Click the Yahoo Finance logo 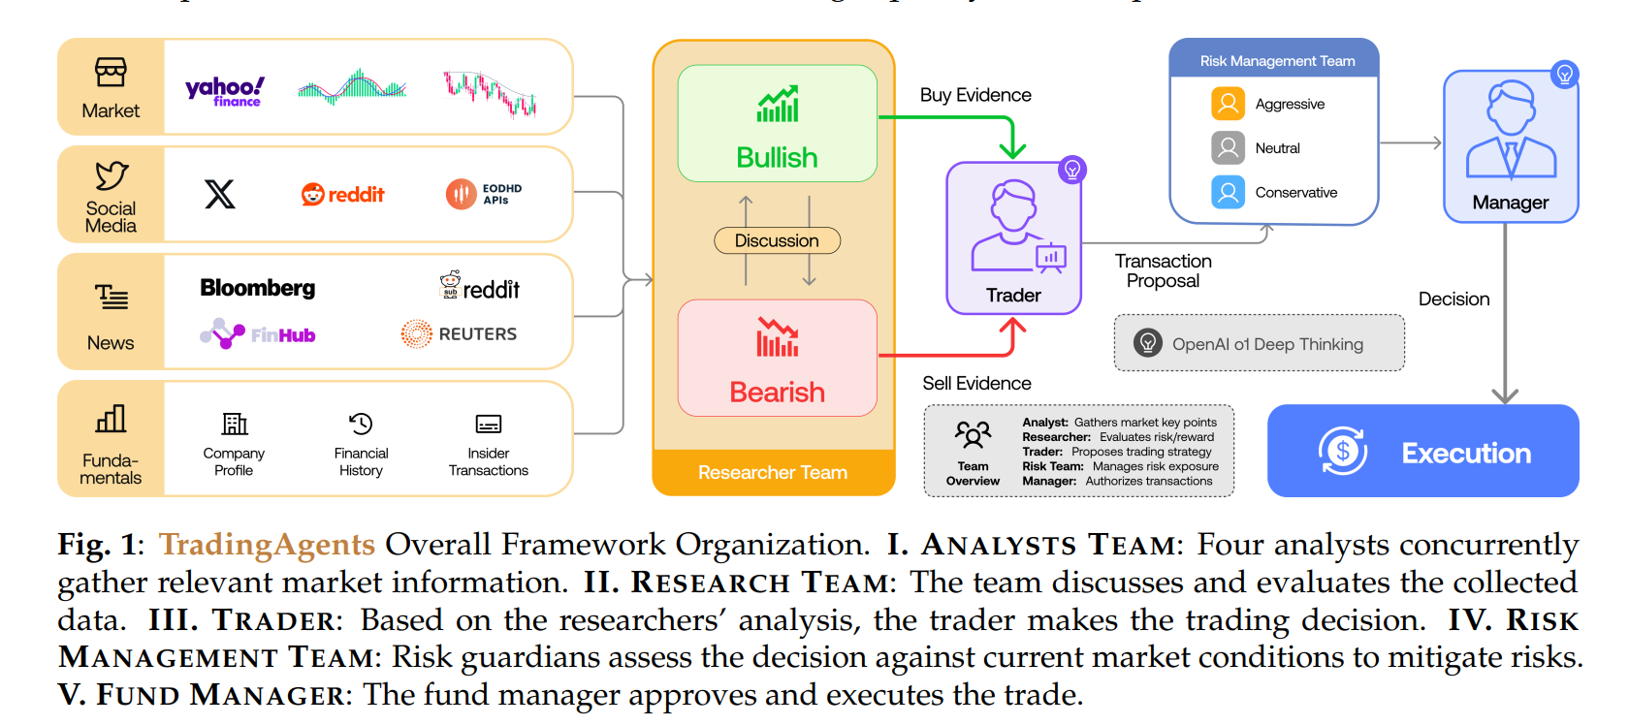click(x=225, y=91)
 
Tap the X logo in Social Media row click(x=220, y=194)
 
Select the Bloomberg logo click(x=258, y=288)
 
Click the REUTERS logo click(x=459, y=334)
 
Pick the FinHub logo click(x=258, y=334)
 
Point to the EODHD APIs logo click(x=484, y=194)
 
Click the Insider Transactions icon click(x=489, y=425)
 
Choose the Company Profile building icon click(x=235, y=424)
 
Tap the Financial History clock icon click(x=361, y=424)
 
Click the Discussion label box click(x=777, y=240)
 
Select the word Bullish click(x=777, y=157)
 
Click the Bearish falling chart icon click(x=778, y=337)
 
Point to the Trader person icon click(x=1014, y=225)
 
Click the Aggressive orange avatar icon click(x=1228, y=104)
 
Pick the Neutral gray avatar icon click(x=1228, y=148)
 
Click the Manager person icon click(x=1511, y=130)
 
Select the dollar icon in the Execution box click(x=1343, y=451)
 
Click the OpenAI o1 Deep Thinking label click(x=1266, y=344)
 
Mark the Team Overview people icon click(x=973, y=435)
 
